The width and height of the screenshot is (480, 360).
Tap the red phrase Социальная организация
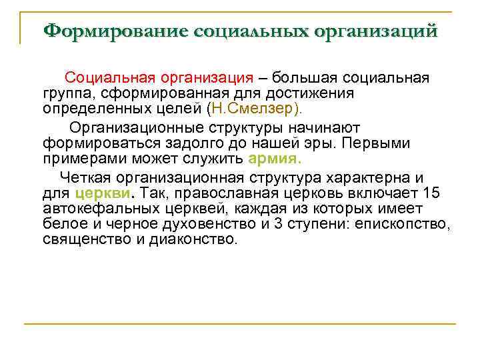(x=159, y=79)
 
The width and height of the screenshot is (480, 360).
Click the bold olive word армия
(x=275, y=158)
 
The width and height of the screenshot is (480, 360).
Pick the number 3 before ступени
(x=267, y=223)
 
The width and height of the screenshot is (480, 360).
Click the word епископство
(x=403, y=223)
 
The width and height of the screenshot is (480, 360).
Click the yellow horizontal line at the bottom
(x=240, y=324)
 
